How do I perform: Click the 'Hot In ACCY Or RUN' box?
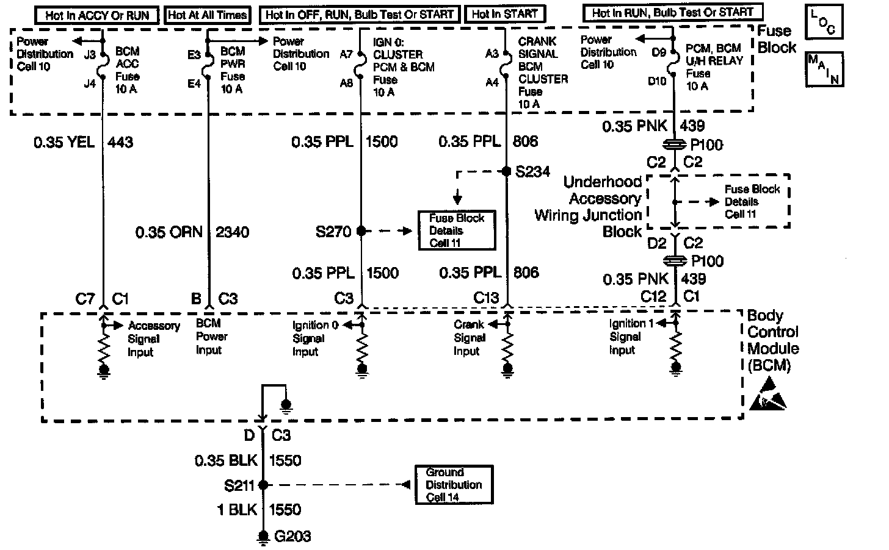pyautogui.click(x=97, y=15)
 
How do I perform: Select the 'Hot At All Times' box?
pyautogui.click(x=208, y=15)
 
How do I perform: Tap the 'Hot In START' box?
pyautogui.click(x=504, y=15)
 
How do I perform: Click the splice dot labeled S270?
pyautogui.click(x=361, y=232)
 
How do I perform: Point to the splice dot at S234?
pyautogui.click(x=506, y=172)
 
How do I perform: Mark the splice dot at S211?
pyautogui.click(x=263, y=485)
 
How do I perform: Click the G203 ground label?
pyautogui.click(x=292, y=537)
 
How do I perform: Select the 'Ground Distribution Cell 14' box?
pyautogui.click(x=454, y=485)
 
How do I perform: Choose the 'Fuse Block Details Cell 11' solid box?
pyautogui.click(x=457, y=230)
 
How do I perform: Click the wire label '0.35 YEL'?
pyautogui.click(x=64, y=143)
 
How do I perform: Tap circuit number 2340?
pyautogui.click(x=233, y=232)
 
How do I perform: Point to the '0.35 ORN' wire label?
pyautogui.click(x=169, y=232)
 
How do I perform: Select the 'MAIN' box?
pyautogui.click(x=824, y=68)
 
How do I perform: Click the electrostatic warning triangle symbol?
pyautogui.click(x=769, y=395)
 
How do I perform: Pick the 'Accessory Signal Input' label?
pyautogui.click(x=153, y=339)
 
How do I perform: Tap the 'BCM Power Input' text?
pyautogui.click(x=212, y=337)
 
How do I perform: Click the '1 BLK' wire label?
pyautogui.click(x=238, y=510)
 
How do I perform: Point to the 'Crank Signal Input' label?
pyautogui.click(x=470, y=338)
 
